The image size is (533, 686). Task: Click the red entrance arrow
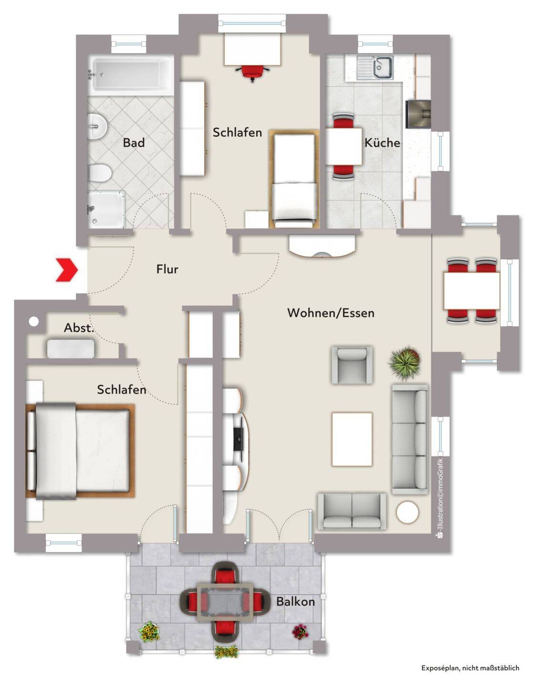point(67,269)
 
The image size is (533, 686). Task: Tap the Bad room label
point(133,143)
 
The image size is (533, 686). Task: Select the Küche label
point(382,142)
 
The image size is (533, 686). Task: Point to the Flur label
point(167,269)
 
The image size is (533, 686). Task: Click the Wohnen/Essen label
point(331,313)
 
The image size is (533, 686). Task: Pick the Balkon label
point(296,601)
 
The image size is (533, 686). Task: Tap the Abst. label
point(79,328)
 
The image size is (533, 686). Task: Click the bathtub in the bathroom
point(131,75)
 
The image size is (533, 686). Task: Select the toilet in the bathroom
point(100,173)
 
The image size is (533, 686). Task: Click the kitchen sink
point(375,68)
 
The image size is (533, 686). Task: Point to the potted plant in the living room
point(404,361)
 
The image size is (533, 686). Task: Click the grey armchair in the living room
point(352,365)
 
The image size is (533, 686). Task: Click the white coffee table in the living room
point(352,439)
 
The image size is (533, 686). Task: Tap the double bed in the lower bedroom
point(80,451)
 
